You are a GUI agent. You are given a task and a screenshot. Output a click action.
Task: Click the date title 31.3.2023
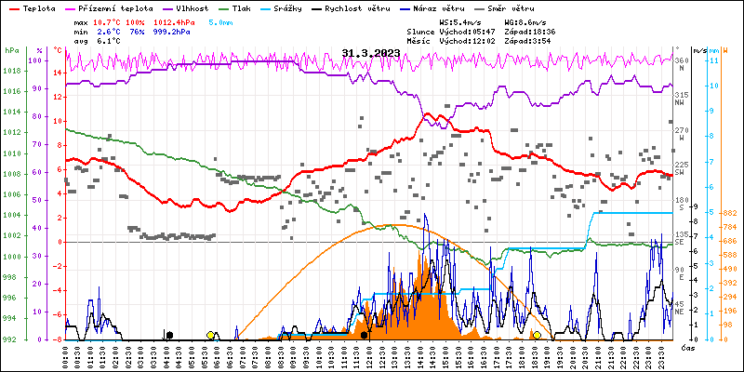coord(371,53)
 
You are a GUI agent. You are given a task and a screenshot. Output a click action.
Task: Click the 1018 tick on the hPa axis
coord(11,71)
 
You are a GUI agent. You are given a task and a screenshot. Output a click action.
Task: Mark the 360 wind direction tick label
coord(681,61)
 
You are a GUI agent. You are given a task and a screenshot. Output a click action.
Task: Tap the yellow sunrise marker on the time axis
coord(211,335)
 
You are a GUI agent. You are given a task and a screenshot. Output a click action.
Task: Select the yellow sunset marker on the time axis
coord(537,335)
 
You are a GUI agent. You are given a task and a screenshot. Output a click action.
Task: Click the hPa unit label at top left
coord(11,50)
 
